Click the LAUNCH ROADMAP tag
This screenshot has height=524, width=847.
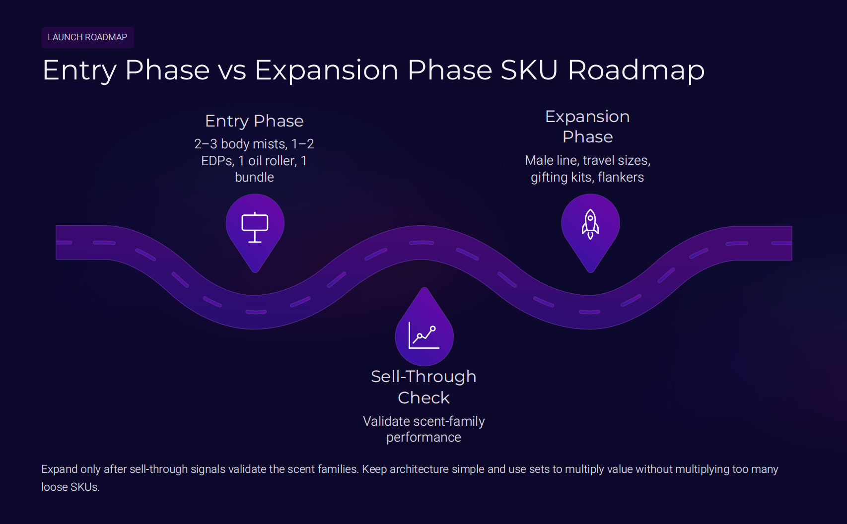click(87, 37)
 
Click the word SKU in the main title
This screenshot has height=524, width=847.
click(529, 70)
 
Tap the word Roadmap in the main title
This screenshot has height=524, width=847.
click(636, 70)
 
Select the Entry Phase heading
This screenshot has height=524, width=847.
click(254, 121)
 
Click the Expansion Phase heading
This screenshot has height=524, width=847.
click(587, 127)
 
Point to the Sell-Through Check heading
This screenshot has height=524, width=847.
click(423, 387)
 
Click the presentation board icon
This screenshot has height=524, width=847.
click(255, 227)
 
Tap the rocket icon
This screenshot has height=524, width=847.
click(590, 224)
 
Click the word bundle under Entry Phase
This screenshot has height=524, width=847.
click(254, 177)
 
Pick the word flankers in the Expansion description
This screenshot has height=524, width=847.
click(621, 177)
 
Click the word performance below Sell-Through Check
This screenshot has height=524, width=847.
click(423, 437)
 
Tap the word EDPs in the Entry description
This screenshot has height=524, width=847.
click(217, 161)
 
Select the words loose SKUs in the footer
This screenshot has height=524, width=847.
click(70, 487)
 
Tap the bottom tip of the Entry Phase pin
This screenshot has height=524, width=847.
click(255, 271)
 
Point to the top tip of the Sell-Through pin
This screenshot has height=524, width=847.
click(424, 289)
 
